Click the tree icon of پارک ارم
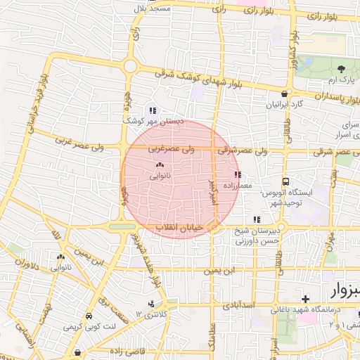coord(342,69)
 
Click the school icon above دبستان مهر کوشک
coord(153,110)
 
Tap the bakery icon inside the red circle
coord(160,166)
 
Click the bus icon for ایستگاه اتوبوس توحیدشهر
coord(286,181)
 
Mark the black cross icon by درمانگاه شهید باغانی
coord(304,300)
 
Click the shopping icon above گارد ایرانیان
coord(284,94)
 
